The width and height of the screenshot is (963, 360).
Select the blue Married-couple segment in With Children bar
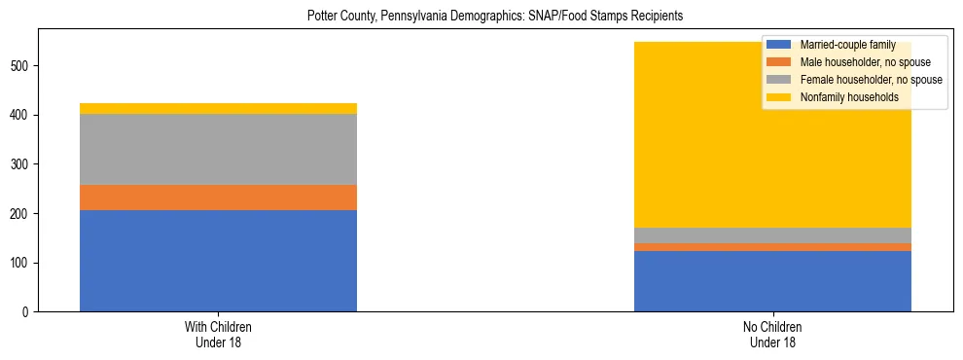218,260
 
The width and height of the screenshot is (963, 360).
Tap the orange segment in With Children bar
218,198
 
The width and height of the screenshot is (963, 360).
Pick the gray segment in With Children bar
218,149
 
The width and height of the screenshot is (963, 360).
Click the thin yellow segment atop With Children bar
218,108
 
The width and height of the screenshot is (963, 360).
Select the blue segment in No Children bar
772,281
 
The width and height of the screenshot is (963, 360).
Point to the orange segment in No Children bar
772,247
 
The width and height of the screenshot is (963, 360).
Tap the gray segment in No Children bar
772,235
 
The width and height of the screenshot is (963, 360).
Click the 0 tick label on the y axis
30,312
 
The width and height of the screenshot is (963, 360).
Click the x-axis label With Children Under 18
218,335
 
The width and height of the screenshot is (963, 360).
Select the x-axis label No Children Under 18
772,335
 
